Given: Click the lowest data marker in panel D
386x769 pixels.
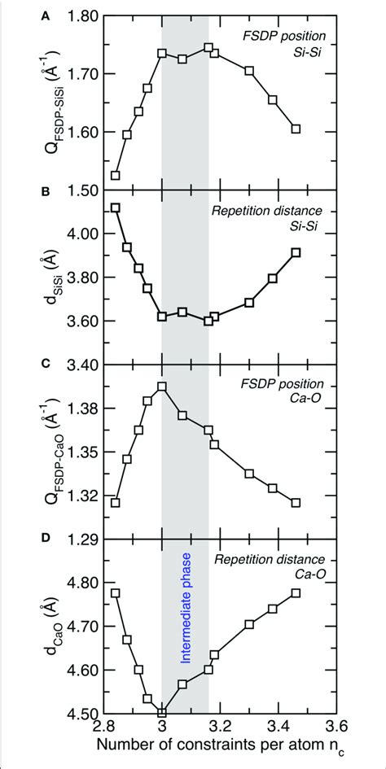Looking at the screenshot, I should [162, 713].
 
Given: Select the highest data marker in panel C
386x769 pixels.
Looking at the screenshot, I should [162, 387].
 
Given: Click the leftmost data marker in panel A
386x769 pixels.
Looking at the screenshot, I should [116, 175].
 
